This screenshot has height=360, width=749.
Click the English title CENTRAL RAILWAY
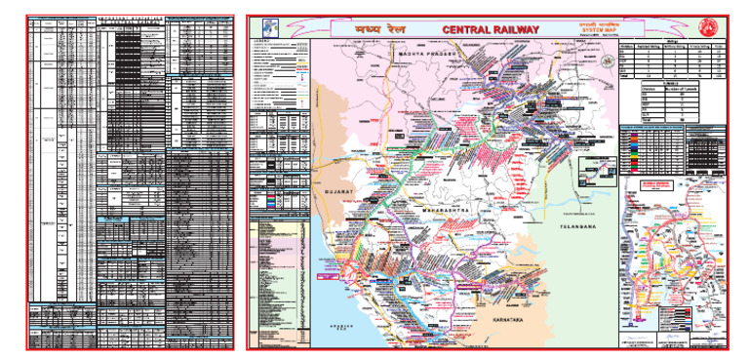click(x=490, y=30)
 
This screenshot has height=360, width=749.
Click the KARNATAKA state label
click(x=514, y=321)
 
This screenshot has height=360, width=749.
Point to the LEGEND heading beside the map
click(x=275, y=40)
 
